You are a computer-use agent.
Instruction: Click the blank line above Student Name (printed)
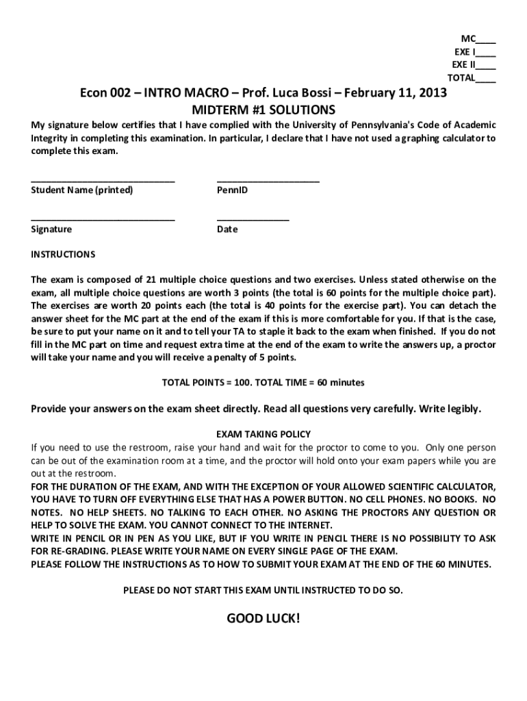(103, 180)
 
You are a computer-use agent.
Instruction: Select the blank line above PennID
(268, 180)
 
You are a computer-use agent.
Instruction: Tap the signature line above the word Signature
(103, 219)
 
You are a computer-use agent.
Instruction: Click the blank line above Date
(253, 219)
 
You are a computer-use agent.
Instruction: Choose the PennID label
(232, 190)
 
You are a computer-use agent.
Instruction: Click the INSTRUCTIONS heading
(63, 255)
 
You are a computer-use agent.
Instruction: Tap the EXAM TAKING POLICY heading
(263, 434)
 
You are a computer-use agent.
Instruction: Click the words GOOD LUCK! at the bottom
(263, 619)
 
